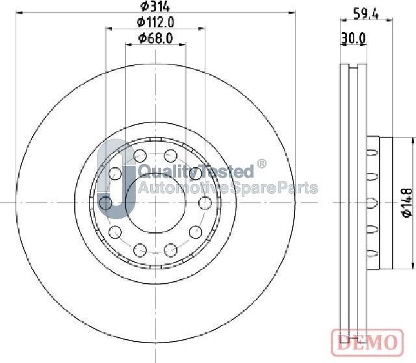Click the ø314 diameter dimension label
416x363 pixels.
155,7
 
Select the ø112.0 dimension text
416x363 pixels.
155,23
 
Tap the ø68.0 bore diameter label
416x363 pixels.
155,40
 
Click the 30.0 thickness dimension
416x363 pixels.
353,39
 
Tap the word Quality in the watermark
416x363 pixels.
162,172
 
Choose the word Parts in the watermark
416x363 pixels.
299,189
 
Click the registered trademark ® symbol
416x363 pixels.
261,163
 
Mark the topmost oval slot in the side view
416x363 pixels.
372,152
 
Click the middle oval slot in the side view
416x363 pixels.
372,202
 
